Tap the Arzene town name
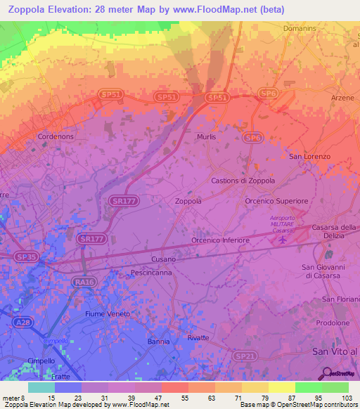point(342,98)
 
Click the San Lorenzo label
point(309,156)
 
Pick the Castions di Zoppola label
point(243,181)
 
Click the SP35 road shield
point(26,257)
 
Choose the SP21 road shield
point(245,357)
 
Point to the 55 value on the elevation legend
point(176,399)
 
